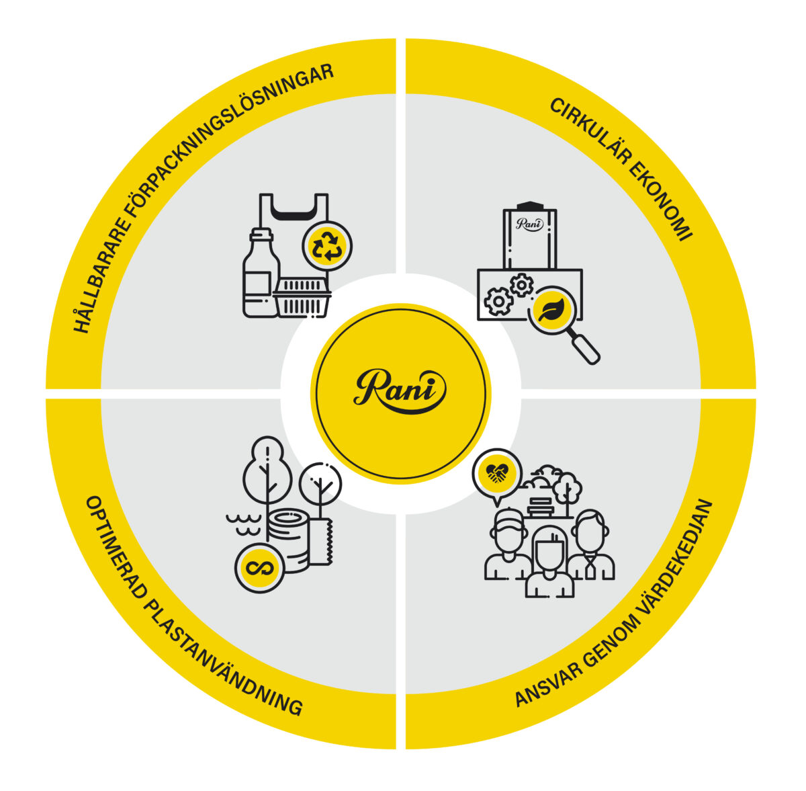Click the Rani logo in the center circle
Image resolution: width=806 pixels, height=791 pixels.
(400, 391)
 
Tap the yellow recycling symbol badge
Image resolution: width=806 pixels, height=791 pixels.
(328, 247)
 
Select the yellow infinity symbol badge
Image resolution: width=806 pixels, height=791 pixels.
(260, 568)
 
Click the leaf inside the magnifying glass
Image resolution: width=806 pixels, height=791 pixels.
(551, 310)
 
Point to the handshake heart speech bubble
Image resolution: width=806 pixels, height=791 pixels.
(497, 476)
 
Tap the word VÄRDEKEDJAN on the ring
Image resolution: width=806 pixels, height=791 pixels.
(674, 574)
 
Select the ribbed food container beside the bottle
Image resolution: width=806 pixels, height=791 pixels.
(302, 297)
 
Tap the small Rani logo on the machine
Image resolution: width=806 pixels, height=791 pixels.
(529, 224)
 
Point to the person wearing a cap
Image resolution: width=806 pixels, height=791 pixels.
(508, 544)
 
